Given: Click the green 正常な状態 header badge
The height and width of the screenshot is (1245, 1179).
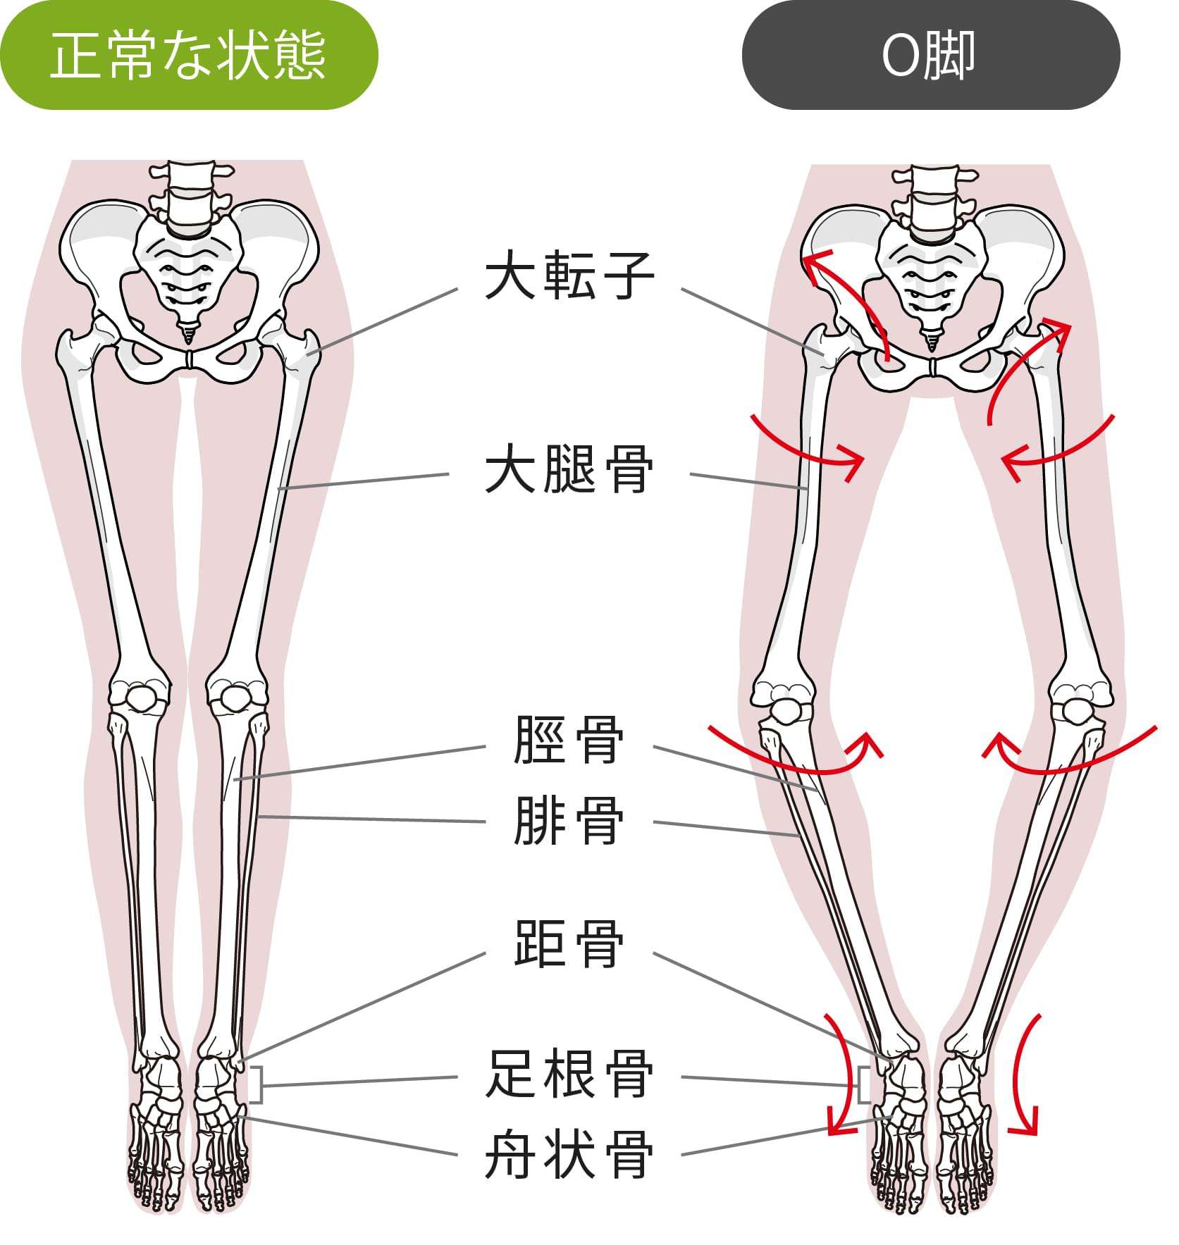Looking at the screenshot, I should point(188,56).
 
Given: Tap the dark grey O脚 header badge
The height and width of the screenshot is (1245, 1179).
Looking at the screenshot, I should point(930,56).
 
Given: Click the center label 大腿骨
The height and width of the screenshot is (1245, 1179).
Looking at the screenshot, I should point(569,471).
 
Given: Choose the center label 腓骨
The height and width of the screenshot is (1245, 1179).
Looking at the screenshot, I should point(569,821).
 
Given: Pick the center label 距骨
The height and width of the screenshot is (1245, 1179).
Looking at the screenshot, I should point(569,944).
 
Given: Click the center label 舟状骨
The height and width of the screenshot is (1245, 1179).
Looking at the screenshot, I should point(569,1154).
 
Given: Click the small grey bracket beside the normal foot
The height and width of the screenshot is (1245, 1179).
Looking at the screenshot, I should point(257,1086).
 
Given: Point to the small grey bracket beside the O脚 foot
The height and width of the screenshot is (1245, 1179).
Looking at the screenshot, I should point(863,1086).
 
